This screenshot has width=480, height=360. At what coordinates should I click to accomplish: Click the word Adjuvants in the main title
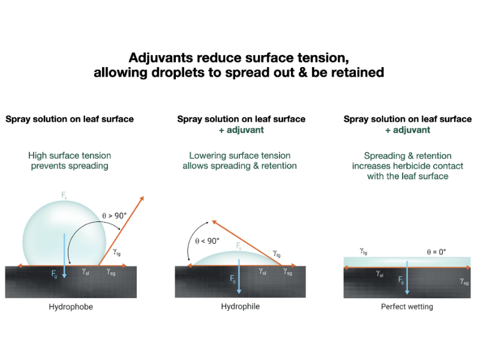tap(161, 58)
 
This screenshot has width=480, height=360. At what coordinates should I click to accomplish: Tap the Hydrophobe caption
tap(71, 307)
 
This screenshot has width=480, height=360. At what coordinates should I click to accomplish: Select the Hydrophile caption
tap(241, 307)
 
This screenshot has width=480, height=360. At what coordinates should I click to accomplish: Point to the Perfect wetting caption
tap(407, 307)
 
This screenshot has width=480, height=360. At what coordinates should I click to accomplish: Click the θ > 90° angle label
tap(114, 216)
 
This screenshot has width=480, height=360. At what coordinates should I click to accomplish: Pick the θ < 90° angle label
tap(207, 241)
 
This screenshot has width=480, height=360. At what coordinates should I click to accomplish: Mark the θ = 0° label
tap(436, 252)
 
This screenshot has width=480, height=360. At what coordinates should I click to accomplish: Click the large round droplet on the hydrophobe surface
tap(64, 233)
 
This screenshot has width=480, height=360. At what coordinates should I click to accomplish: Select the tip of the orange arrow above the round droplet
tap(143, 197)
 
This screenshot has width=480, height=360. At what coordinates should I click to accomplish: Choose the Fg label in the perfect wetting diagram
tap(401, 280)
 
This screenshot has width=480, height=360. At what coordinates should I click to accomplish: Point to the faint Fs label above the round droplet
tap(64, 196)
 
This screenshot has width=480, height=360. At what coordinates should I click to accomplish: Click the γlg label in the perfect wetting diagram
tap(364, 251)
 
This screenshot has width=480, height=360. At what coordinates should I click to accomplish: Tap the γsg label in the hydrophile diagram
tap(287, 272)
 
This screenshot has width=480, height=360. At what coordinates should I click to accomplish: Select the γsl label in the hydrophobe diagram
tap(85, 271)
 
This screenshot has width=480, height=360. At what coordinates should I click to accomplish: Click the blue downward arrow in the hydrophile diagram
tap(239, 277)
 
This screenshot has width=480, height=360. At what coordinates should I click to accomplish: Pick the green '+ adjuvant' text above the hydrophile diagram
tap(241, 130)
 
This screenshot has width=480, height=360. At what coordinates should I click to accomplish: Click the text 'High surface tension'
tap(70, 155)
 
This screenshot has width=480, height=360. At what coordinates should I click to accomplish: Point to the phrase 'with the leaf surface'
tap(407, 176)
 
